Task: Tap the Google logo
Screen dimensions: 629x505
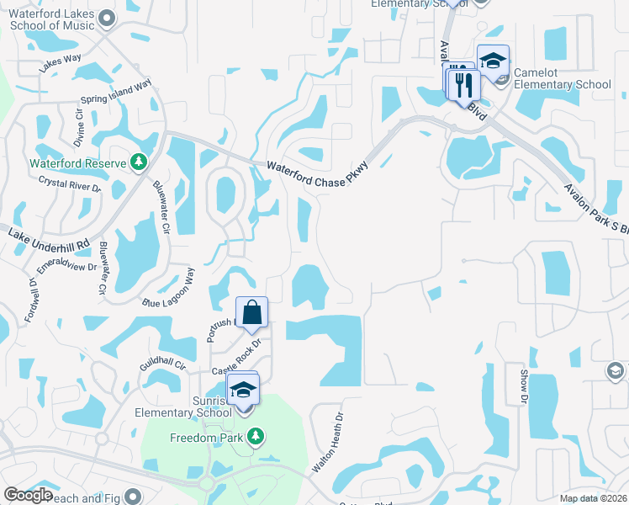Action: pyautogui.click(x=29, y=495)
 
